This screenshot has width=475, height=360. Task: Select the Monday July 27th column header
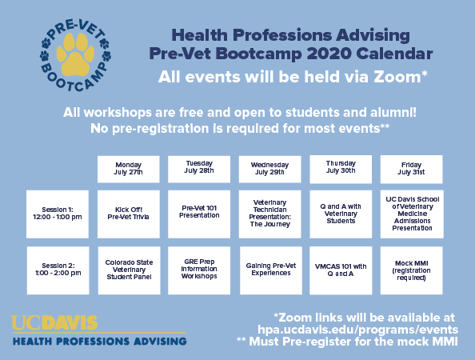coord(129,169)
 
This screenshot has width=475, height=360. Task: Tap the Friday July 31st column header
coord(411,169)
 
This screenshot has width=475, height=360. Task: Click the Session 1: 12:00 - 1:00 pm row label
coord(58,214)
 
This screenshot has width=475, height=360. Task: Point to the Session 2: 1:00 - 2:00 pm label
coord(58,270)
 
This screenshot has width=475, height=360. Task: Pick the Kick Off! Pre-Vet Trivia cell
coord(129,214)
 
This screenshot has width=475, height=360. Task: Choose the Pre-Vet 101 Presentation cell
coord(199,214)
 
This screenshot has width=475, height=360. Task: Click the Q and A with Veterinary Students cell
coord(341,214)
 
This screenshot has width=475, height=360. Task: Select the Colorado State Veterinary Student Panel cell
coord(129,270)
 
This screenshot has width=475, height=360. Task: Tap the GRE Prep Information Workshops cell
coord(199,270)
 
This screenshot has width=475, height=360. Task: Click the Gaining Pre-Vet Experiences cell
coord(271,270)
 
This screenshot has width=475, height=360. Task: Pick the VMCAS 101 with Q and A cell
coord(341,270)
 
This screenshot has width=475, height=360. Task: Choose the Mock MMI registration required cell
coord(411,270)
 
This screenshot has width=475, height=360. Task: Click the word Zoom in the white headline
coord(397,77)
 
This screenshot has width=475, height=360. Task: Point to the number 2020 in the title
coord(329,54)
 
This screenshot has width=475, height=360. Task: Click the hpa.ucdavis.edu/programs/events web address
coord(357,330)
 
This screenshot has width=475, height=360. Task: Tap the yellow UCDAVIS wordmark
coord(54,322)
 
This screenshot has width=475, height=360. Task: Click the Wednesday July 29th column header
coord(270,169)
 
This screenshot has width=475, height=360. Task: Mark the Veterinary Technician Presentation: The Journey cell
coord(270,214)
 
